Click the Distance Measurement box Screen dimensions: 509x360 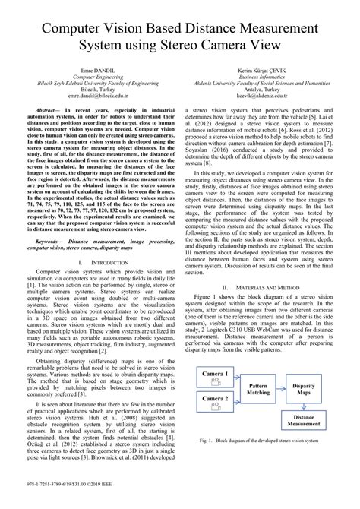tap(304, 419)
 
